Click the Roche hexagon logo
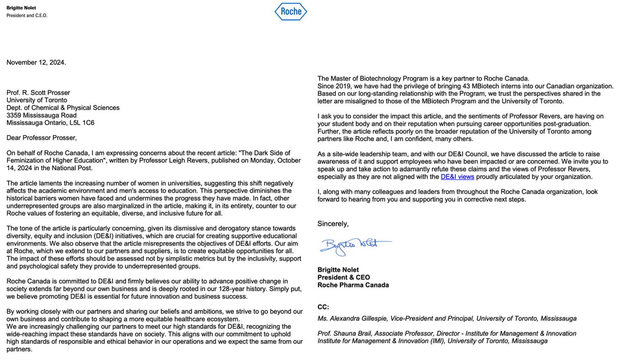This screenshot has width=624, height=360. pos(291,12)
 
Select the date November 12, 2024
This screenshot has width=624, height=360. pos(36,62)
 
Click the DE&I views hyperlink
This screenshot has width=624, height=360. pos(457,177)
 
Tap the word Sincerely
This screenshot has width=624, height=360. pos(333,224)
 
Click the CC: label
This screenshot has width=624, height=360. pos(323,307)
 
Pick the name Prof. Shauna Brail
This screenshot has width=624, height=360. pos(344,333)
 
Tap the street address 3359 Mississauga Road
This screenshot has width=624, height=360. pos(41,115)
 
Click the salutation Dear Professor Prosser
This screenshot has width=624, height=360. pos(41,138)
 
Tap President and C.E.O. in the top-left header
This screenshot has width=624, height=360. pos(27,16)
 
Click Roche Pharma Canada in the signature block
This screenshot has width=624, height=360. pos(353,285)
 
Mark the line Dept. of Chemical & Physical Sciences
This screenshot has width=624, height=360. pos(63,108)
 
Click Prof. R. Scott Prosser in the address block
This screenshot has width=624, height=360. pos(38,93)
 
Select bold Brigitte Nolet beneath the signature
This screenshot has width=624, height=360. pos(338,270)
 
